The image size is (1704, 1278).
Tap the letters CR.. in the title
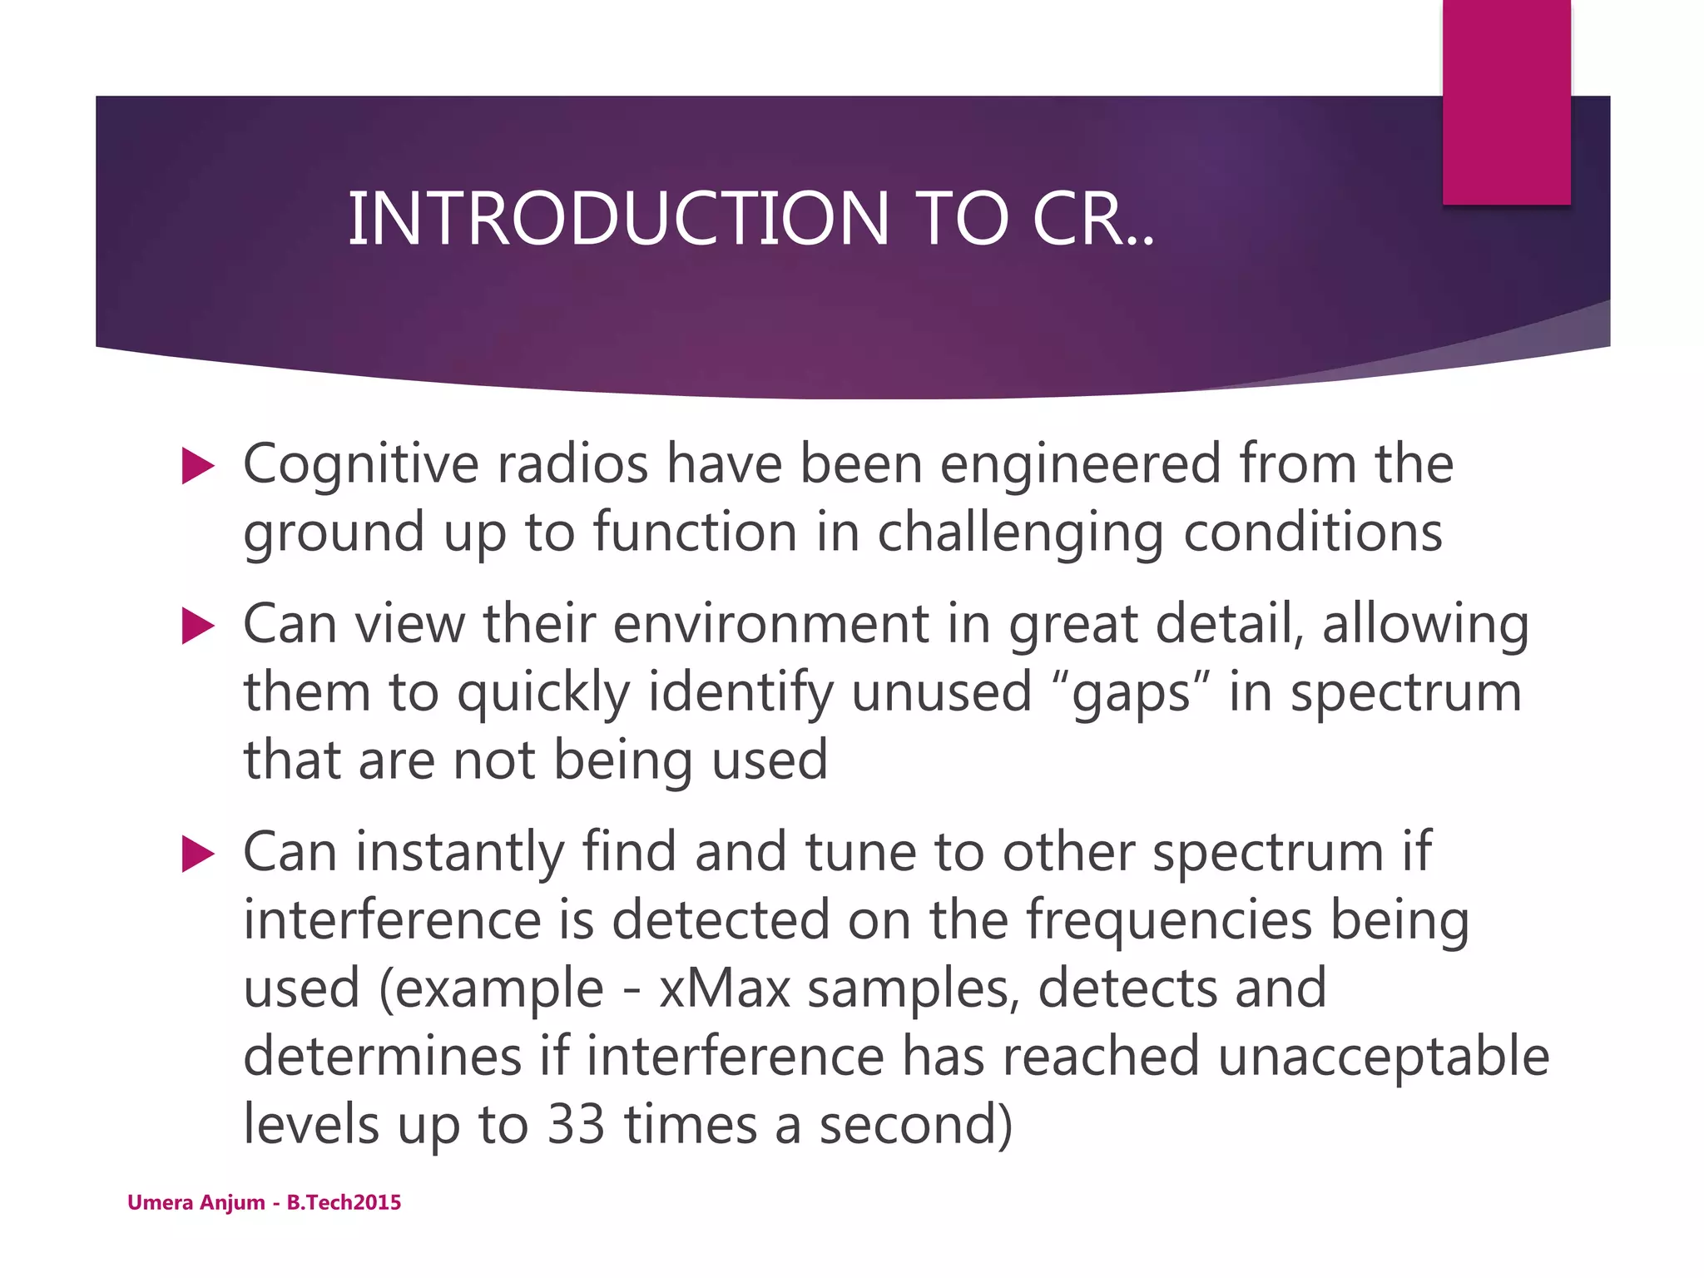(1092, 219)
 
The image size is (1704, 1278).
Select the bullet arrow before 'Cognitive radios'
(198, 466)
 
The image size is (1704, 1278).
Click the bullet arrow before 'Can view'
(198, 626)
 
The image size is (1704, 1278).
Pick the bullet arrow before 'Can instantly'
(198, 854)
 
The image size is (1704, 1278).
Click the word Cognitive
(360, 464)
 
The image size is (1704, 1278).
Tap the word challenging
(1020, 532)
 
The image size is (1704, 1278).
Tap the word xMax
(724, 989)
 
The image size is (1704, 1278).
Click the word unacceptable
(1383, 1057)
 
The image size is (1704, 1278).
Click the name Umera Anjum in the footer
(196, 1203)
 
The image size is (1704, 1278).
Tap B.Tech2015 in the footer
(344, 1203)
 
